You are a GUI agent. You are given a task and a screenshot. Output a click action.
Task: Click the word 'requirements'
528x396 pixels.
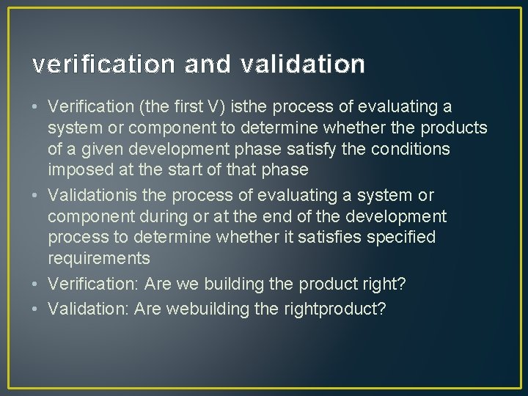tap(99, 258)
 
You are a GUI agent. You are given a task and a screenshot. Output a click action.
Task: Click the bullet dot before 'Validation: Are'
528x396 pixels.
tap(35, 309)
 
